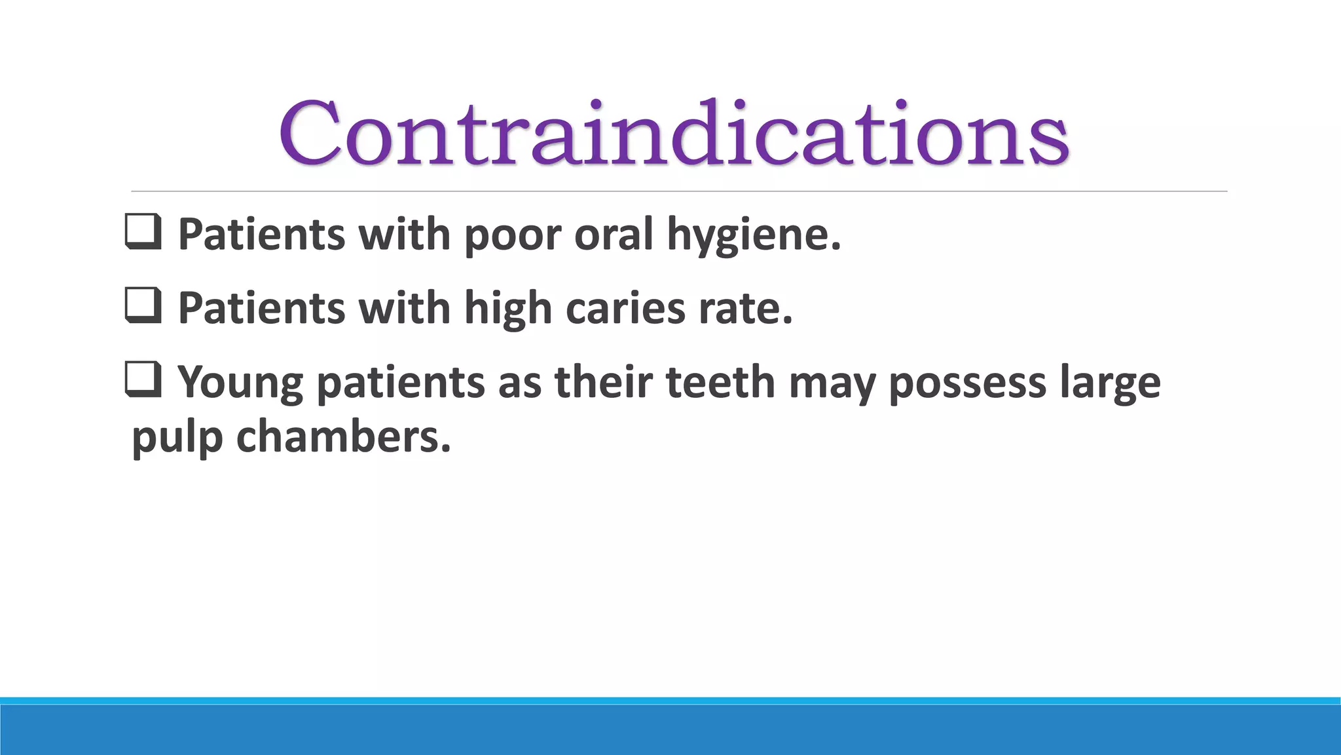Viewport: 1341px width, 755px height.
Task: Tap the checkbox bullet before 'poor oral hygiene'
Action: tap(143, 233)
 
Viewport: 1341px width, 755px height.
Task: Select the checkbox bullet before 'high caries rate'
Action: tap(143, 307)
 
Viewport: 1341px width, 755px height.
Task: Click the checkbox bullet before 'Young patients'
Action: tap(143, 381)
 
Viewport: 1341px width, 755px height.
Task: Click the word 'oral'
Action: tap(614, 234)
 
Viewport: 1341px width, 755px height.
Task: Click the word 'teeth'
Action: tap(720, 381)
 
